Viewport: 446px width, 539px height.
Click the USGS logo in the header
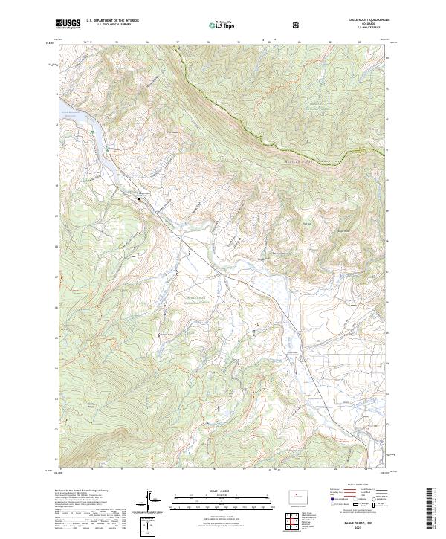68,25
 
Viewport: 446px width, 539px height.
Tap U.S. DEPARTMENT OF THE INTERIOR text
112,22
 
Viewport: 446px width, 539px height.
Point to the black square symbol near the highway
139,199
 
